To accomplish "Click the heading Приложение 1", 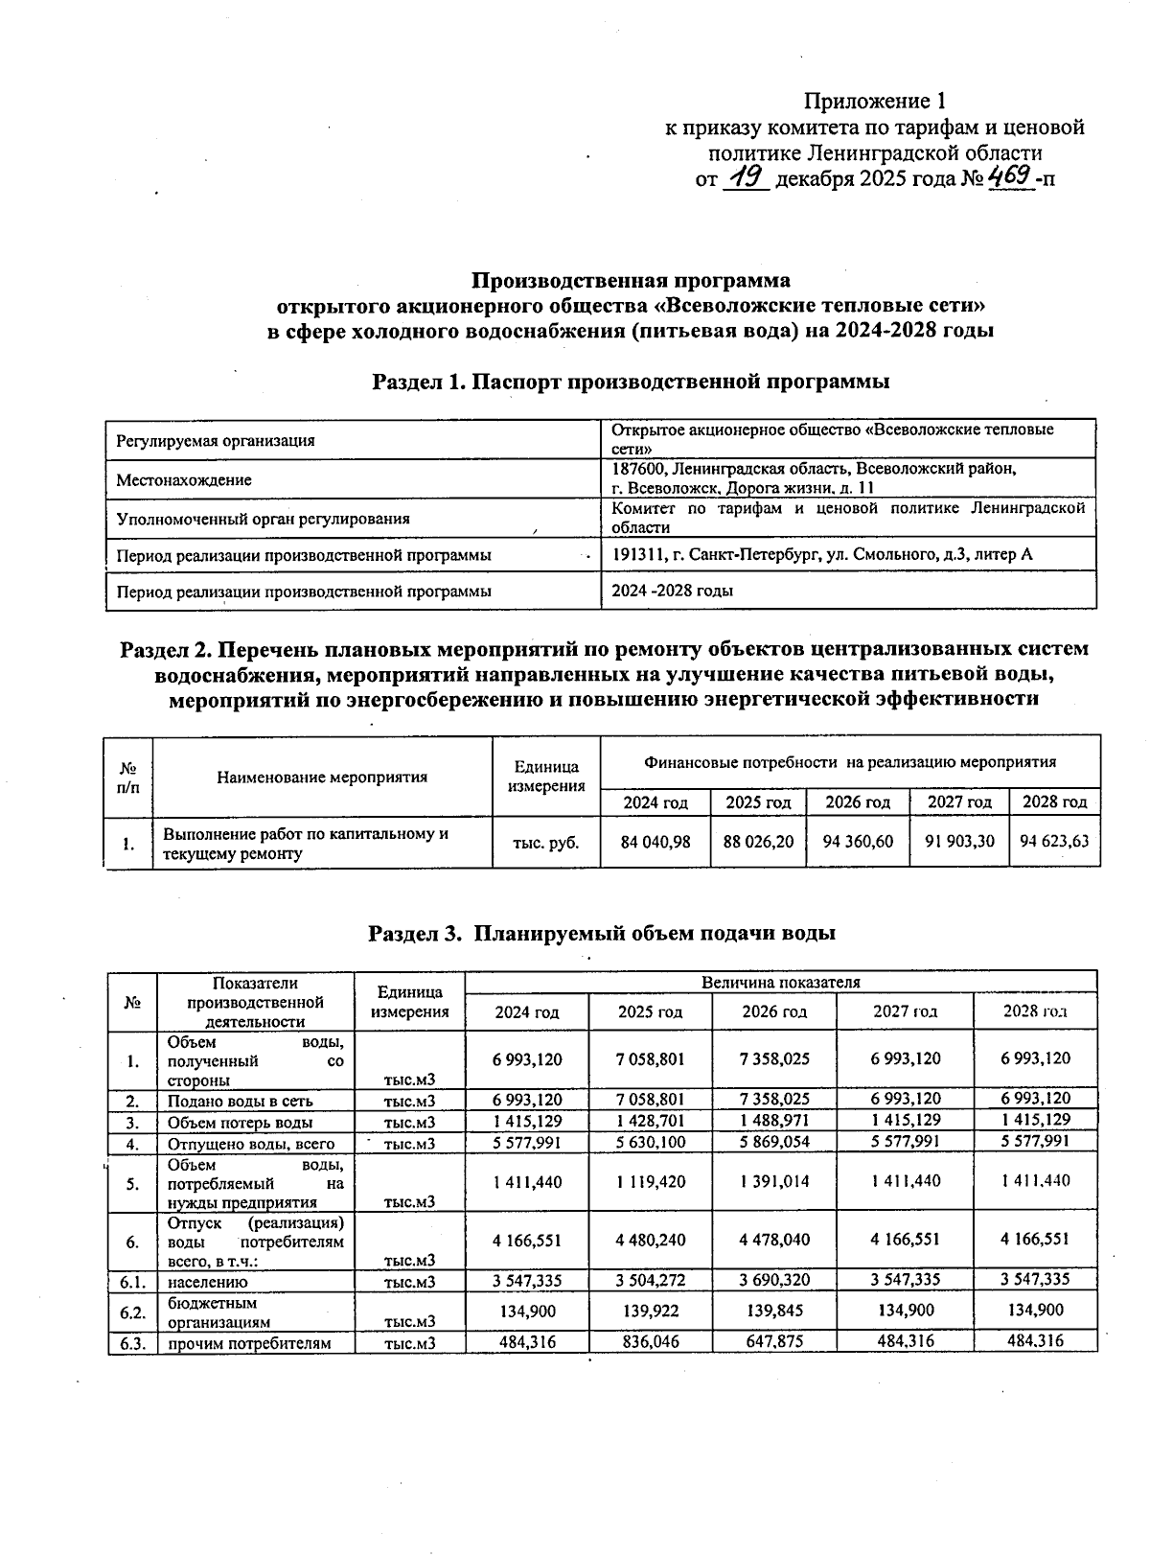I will tap(875, 101).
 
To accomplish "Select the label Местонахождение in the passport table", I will tap(183, 479).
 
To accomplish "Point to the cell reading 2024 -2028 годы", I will tap(673, 591).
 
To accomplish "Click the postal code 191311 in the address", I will tap(635, 554).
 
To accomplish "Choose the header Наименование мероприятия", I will tap(322, 777).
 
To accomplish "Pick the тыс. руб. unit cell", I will tap(546, 843).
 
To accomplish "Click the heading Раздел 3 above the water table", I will tap(602, 933).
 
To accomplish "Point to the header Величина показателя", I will tap(780, 982).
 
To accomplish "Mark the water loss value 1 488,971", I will tap(774, 1121).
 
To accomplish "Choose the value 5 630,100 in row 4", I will tap(651, 1143).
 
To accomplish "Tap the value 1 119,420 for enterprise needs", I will tap(651, 1182).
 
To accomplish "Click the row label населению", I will tap(208, 1281).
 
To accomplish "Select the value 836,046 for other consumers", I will tap(651, 1342).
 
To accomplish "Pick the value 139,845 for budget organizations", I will tap(774, 1311).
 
